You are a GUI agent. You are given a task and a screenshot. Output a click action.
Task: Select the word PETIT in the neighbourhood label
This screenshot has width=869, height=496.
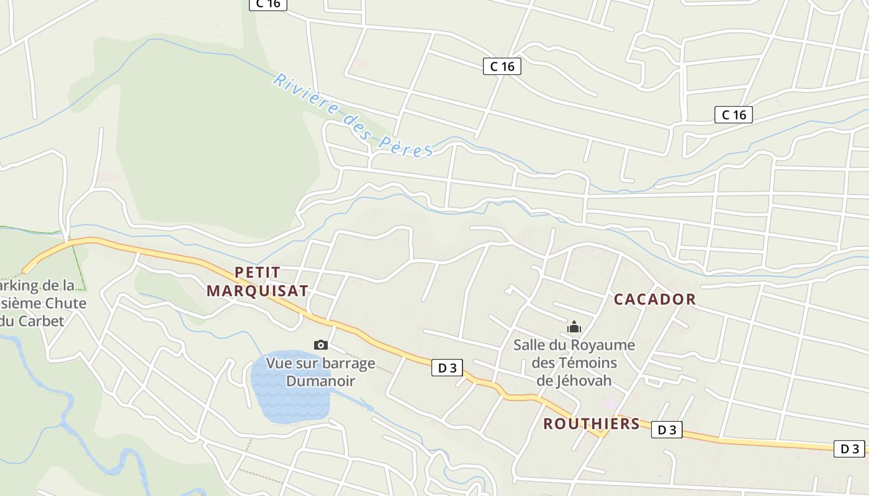click(258, 272)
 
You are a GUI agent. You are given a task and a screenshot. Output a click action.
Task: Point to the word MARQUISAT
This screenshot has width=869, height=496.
click(257, 290)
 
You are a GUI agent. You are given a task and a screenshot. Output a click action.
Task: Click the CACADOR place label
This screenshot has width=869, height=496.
click(655, 299)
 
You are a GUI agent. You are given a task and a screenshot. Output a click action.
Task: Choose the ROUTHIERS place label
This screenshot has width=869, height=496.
click(591, 423)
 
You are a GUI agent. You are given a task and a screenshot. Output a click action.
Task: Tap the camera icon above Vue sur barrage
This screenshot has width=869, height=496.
click(321, 345)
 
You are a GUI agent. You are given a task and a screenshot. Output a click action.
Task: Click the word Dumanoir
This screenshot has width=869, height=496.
click(320, 381)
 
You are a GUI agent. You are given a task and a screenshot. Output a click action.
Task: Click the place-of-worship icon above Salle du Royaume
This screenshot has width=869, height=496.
click(574, 327)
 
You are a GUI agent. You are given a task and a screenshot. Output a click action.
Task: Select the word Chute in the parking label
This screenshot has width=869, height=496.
click(65, 303)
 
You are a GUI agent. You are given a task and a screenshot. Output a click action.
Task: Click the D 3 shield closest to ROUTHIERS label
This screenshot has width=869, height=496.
click(667, 430)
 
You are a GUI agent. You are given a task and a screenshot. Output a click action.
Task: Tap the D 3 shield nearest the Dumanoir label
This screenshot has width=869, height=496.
click(447, 368)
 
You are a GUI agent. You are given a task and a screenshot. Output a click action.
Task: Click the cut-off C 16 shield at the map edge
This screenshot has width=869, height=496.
click(268, 4)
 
